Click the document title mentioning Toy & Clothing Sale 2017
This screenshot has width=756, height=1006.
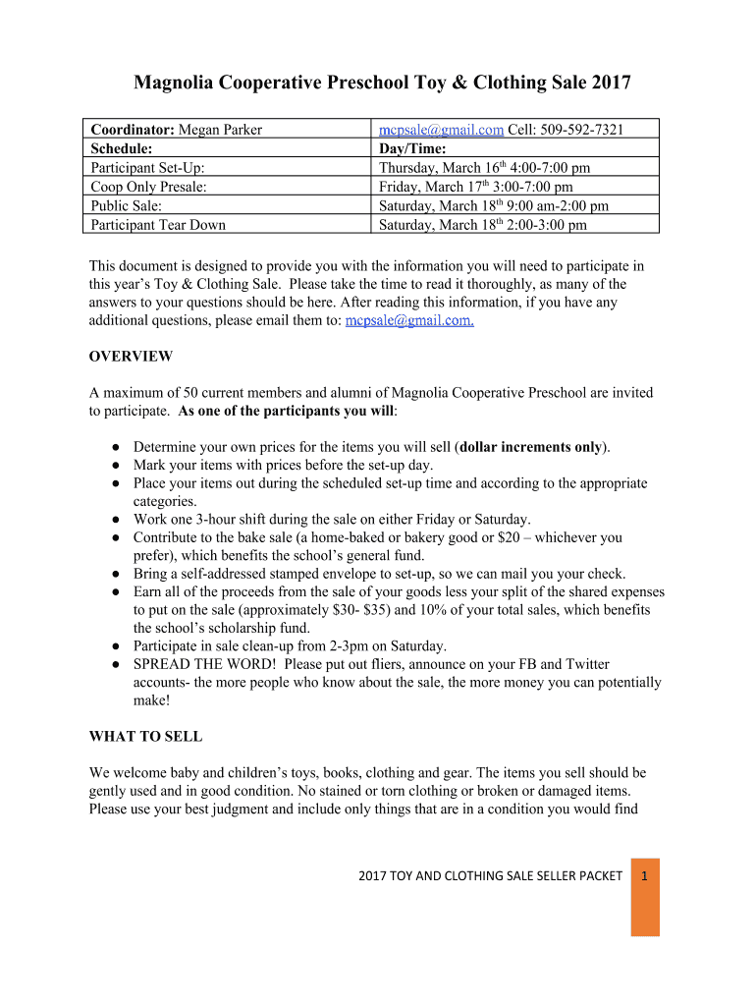tap(382, 83)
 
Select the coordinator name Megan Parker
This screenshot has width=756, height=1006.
tap(220, 130)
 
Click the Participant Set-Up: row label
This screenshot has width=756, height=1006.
tap(147, 168)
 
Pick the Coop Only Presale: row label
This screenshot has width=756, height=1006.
tap(149, 187)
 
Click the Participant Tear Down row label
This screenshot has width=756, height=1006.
tap(158, 224)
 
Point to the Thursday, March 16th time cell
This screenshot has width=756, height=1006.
tap(484, 168)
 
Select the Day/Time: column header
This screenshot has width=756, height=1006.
tap(412, 148)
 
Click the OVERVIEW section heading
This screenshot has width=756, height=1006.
tap(131, 356)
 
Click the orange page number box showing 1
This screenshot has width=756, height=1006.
tap(645, 896)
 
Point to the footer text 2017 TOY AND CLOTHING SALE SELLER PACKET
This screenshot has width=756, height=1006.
tap(489, 875)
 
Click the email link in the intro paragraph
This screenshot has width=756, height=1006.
tap(410, 321)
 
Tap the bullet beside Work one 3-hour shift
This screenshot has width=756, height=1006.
tap(115, 520)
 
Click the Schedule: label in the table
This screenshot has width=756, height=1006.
tap(122, 148)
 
